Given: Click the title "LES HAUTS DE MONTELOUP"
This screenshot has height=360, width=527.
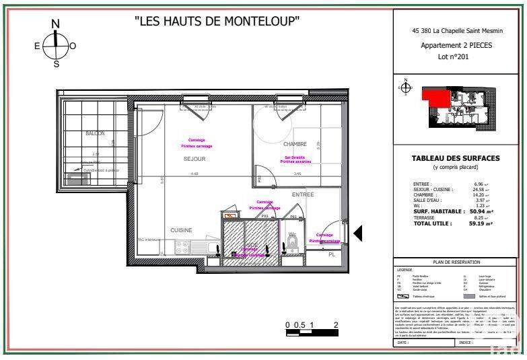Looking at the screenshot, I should pos(216,21).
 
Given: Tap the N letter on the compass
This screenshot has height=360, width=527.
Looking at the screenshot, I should pos(56,24).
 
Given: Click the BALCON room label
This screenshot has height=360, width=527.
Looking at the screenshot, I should pos(95,133).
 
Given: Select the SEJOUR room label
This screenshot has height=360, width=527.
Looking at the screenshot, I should pos(195,159).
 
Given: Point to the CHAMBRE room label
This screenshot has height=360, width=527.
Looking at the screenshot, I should pos(295,144).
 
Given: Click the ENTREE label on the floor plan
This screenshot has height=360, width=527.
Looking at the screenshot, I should pos(303,194).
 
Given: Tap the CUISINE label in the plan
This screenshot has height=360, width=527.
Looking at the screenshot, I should pos(181,230).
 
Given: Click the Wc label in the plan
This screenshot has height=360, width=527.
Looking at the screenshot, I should pos(292,235).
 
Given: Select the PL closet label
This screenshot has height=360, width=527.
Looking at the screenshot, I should pos(331,254).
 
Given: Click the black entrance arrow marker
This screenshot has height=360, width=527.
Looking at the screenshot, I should pos(358,233).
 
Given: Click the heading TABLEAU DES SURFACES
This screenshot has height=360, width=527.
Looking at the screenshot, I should pos(456,158).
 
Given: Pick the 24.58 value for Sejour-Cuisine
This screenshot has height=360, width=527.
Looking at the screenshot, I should pos(479,189).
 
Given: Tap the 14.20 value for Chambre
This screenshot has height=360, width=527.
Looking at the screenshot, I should pos(479,194).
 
